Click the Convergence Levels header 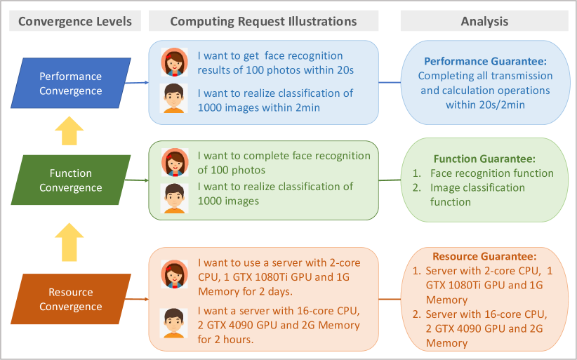pyautogui.click(x=74, y=21)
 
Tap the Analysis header pyautogui.click(x=484, y=21)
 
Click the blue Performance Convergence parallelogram pyautogui.click(x=70, y=84)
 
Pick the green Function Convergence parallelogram pyautogui.click(x=70, y=180)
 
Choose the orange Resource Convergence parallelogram pyautogui.click(x=70, y=300)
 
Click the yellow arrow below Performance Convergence pyautogui.click(x=69, y=131)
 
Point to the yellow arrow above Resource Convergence pyautogui.click(x=69, y=241)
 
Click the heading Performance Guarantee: pyautogui.click(x=484, y=62)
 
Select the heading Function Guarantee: pyautogui.click(x=484, y=159)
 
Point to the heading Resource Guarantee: pyautogui.click(x=484, y=257)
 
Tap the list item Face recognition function pyautogui.click(x=491, y=173)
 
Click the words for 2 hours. pyautogui.click(x=225, y=340)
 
